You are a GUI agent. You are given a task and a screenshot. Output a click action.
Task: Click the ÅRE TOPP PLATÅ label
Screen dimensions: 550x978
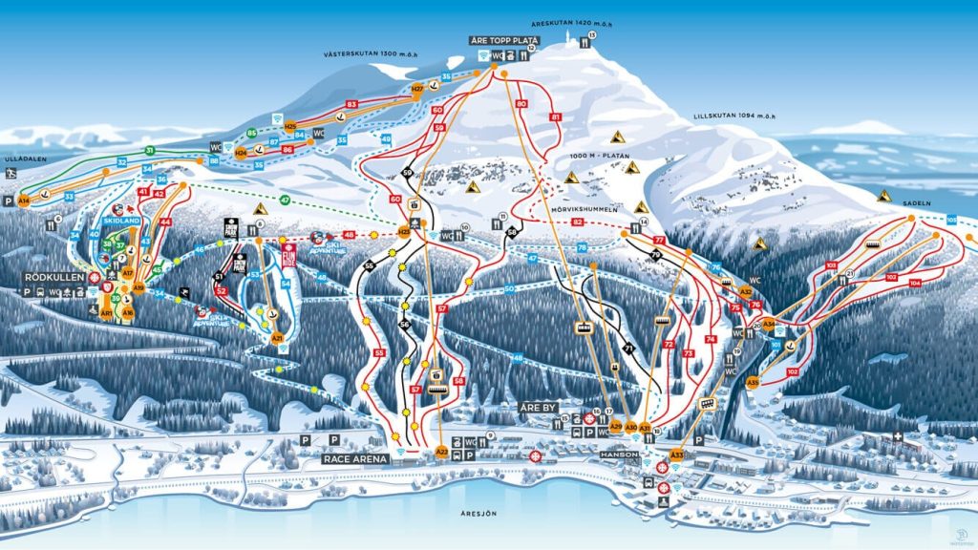[503, 41]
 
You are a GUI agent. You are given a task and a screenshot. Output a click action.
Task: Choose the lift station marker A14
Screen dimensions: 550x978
[24, 201]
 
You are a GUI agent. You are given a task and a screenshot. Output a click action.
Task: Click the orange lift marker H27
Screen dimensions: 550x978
[416, 89]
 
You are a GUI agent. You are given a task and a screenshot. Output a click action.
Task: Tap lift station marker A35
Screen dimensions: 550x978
[753, 382]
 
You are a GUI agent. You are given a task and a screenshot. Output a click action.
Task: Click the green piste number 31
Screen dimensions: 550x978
[149, 151]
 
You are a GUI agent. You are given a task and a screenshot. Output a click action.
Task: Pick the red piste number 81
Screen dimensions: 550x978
[556, 117]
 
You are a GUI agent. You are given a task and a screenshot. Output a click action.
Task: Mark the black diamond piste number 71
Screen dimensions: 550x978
[628, 348]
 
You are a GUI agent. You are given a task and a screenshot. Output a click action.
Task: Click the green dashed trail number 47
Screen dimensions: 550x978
[285, 199]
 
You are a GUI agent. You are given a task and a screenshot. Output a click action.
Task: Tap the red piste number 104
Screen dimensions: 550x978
[915, 284]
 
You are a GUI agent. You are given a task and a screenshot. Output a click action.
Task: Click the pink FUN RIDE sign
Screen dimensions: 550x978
[288, 255]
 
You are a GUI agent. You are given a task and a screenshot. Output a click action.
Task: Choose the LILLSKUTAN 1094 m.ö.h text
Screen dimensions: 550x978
[733, 116]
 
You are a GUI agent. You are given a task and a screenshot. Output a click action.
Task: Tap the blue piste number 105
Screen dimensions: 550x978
[951, 219]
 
